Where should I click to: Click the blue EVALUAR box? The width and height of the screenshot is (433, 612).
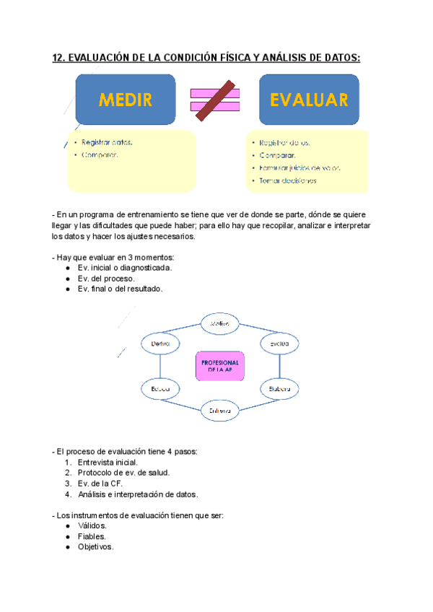[309, 100]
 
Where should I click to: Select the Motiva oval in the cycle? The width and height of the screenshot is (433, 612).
[219, 324]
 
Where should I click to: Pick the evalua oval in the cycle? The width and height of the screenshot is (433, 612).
[279, 344]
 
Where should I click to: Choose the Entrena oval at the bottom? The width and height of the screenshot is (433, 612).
[219, 410]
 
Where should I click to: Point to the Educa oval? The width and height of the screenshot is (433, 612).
[159, 389]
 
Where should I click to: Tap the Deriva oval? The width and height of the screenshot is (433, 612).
[159, 344]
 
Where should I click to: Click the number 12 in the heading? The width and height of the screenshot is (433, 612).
[58, 58]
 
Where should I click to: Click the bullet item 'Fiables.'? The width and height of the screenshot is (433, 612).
[92, 536]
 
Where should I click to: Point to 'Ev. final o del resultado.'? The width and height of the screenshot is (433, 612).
[120, 289]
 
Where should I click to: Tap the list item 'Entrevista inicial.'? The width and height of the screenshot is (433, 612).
[108, 462]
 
